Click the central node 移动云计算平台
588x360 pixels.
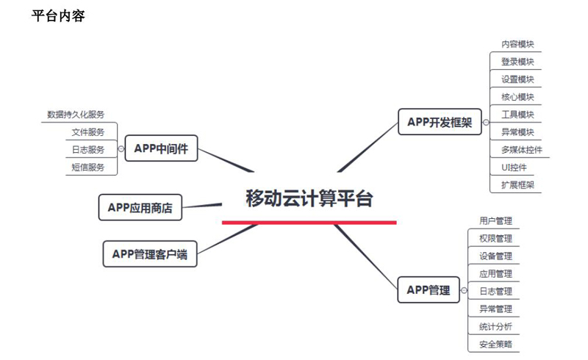pos(309,198)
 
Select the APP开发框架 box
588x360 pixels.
pos(440,122)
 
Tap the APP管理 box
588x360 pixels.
pos(429,289)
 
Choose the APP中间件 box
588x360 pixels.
pos(161,149)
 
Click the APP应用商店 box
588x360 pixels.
pos(140,207)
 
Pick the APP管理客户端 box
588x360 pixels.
pos(149,254)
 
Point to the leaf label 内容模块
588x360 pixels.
pos(517,44)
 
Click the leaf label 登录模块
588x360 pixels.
pos(517,62)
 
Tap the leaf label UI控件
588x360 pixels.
pos(514,168)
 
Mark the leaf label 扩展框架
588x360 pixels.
pos(517,185)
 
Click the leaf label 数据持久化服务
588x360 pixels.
pos(76,115)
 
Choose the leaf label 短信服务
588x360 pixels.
pos(88,168)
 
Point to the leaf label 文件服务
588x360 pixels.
pos(88,132)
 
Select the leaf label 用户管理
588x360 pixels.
pos(495,220)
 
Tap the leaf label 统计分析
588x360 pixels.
pos(495,326)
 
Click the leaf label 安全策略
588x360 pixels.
pos(495,344)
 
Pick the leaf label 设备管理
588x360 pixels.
pos(495,256)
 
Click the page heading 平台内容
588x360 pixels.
pos(58,15)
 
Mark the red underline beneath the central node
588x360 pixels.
pos(309,222)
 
